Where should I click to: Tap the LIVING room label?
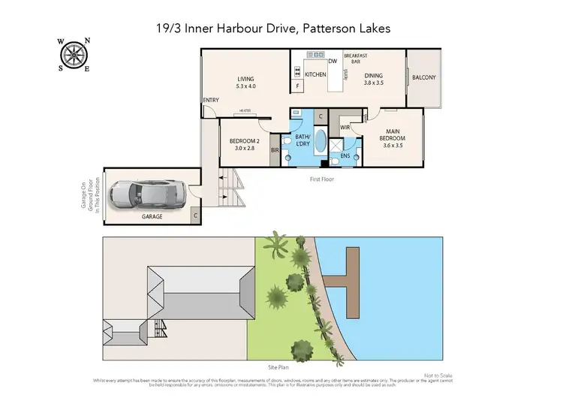245,82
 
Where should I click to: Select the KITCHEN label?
315,74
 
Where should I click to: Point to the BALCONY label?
423,77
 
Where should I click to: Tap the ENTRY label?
210,100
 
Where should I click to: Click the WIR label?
345,128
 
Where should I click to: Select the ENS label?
345,156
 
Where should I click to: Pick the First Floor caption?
321,179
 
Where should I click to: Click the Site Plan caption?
278,368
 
